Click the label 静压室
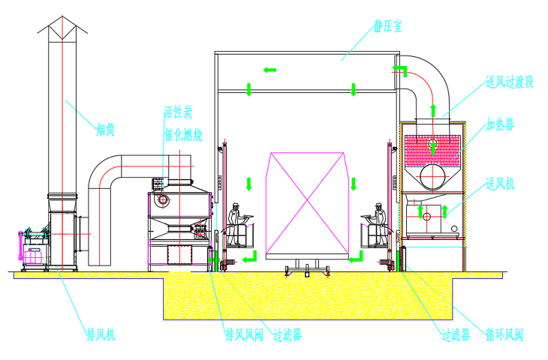click(387, 27)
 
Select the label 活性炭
click(179, 113)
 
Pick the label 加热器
click(500, 124)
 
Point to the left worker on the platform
click(236, 217)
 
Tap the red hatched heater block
click(434, 151)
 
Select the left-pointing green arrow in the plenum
click(269, 70)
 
